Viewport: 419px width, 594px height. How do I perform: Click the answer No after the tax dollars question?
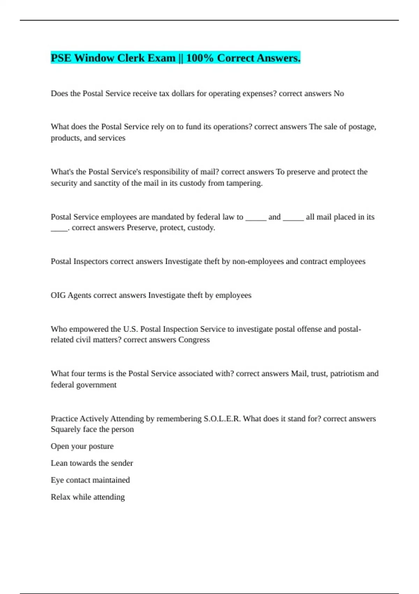coord(339,94)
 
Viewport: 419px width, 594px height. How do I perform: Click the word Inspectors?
coord(90,262)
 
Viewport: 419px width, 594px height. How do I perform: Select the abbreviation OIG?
coord(58,295)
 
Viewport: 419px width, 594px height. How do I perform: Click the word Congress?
coord(194,340)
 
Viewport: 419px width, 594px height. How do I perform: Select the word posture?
coord(101,447)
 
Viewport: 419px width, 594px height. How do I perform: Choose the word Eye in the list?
coord(57,480)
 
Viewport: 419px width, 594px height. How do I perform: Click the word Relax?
coord(60,497)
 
